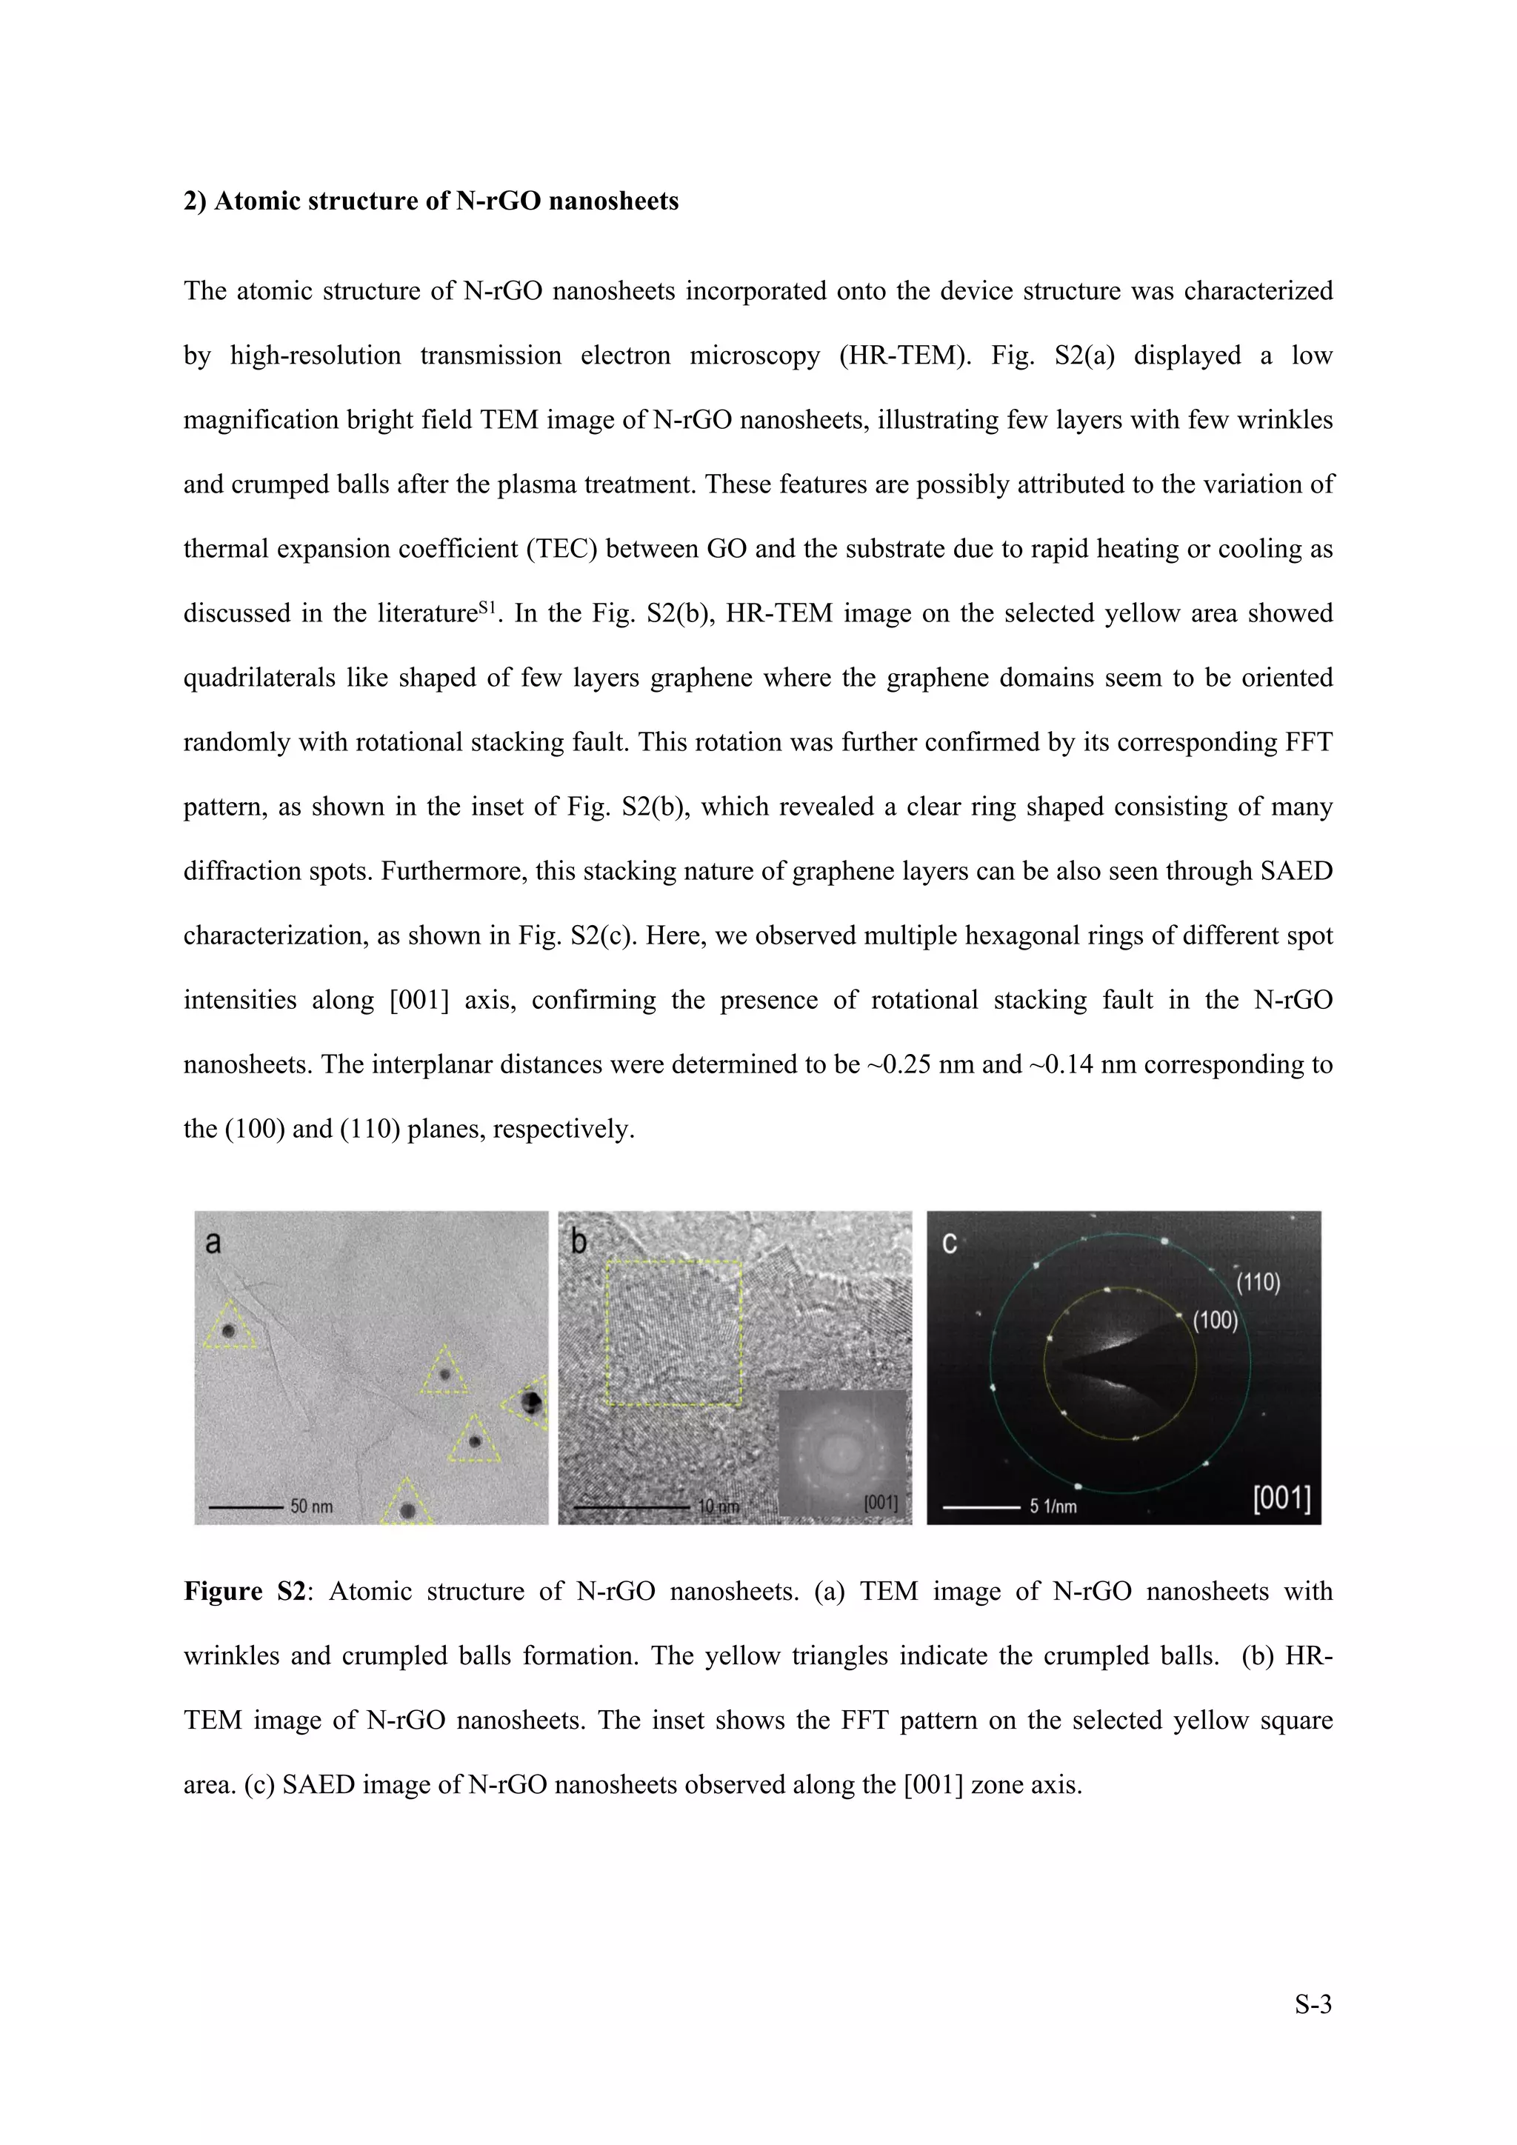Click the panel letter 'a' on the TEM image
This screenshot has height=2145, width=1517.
pyautogui.click(x=213, y=1244)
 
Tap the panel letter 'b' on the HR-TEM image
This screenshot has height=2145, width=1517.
pyautogui.click(x=579, y=1244)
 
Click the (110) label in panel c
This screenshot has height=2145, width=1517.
pyautogui.click(x=1257, y=1282)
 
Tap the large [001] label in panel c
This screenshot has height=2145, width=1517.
pyautogui.click(x=1281, y=1499)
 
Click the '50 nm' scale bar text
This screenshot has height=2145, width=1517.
pyautogui.click(x=311, y=1506)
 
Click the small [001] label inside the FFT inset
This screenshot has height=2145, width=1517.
pyautogui.click(x=880, y=1502)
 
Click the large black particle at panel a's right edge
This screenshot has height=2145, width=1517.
pyautogui.click(x=532, y=1401)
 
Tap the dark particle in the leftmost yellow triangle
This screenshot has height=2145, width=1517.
pyautogui.click(x=227, y=1331)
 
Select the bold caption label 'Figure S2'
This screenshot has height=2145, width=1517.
pyautogui.click(x=244, y=1591)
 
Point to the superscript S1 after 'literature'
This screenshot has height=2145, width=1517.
pyautogui.click(x=486, y=607)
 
